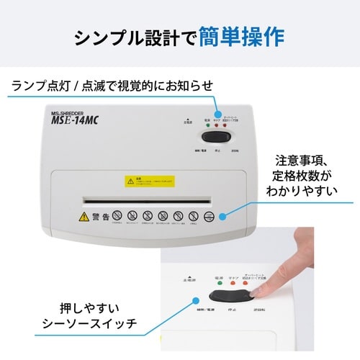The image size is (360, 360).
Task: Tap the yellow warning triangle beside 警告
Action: pos(85,216)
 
